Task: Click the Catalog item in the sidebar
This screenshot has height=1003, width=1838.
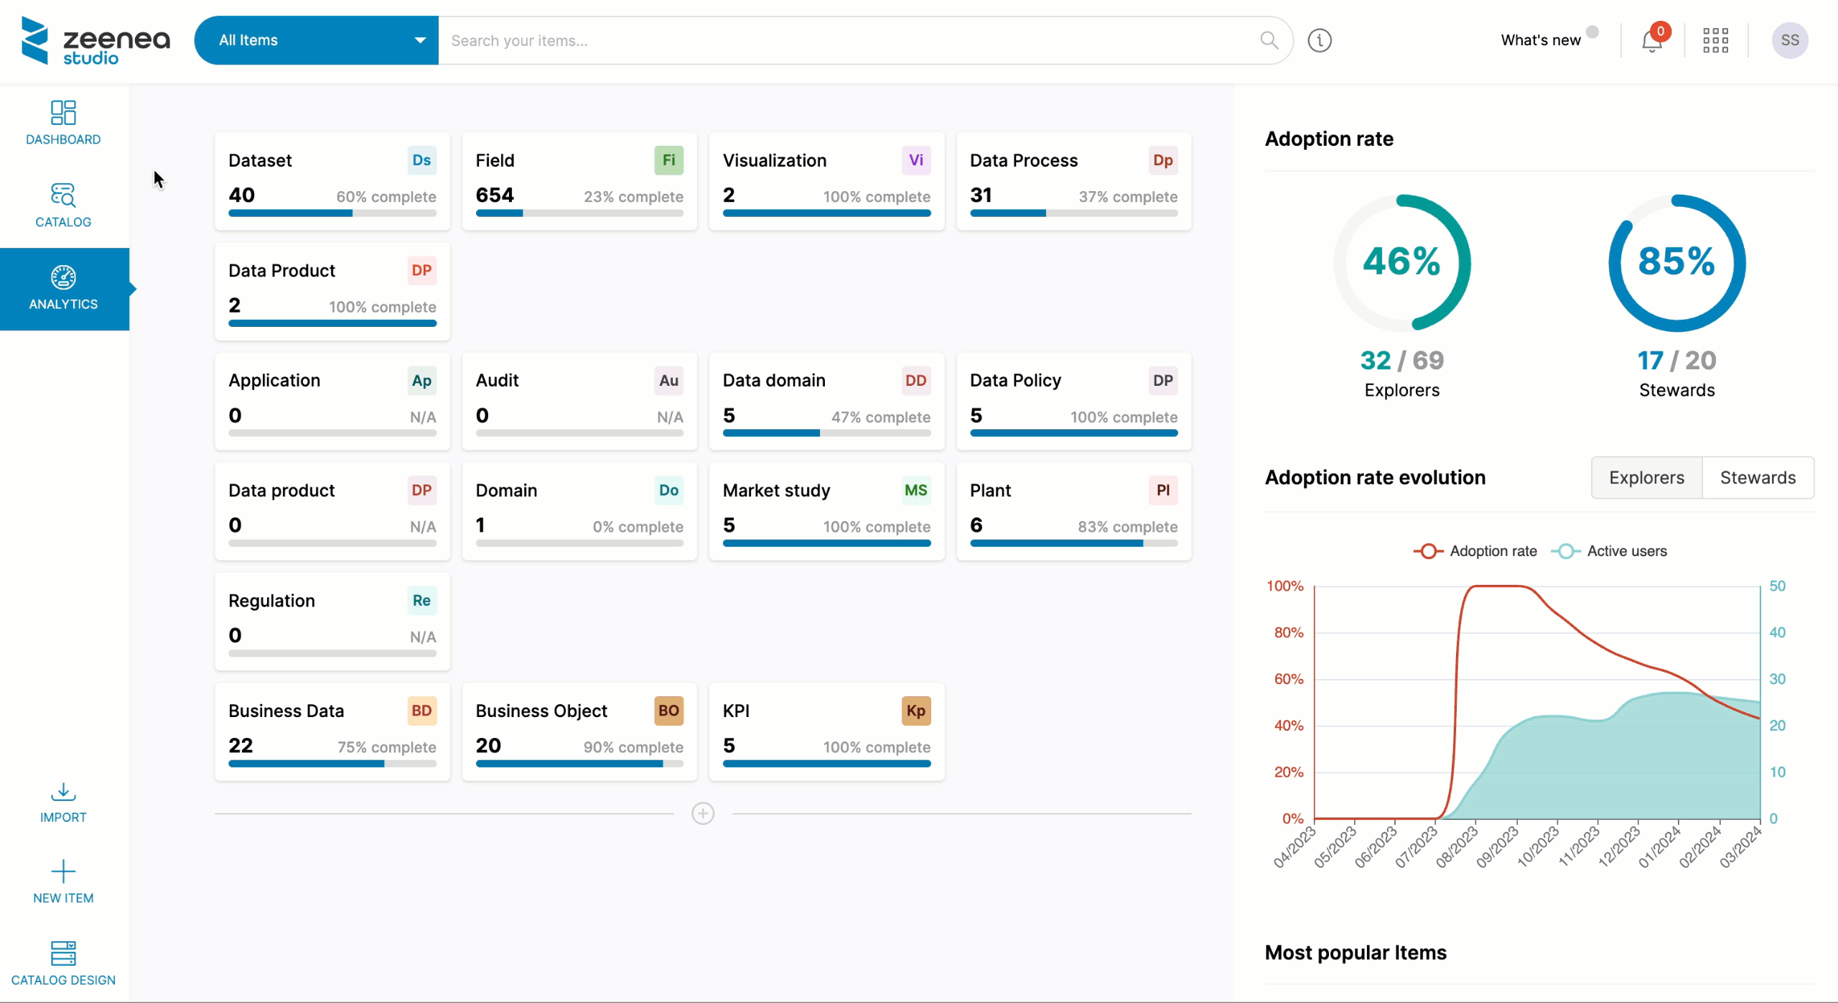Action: tap(63, 205)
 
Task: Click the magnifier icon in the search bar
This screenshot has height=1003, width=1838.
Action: tap(1269, 40)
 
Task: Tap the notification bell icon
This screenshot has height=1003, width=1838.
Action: tap(1651, 41)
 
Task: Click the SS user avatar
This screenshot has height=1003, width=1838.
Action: tap(1789, 40)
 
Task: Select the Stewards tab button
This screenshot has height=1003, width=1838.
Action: tap(1757, 478)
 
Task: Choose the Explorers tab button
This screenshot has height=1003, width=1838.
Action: tap(1646, 478)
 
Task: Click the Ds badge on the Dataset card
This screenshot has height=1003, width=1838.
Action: tap(421, 160)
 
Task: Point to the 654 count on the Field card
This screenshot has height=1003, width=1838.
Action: tap(495, 195)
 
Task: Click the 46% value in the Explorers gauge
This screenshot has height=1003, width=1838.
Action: tap(1401, 261)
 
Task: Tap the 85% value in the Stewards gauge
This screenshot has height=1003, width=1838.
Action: tap(1676, 261)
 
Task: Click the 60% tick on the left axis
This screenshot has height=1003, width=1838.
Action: tap(1289, 679)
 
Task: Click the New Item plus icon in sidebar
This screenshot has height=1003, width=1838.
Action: tap(63, 872)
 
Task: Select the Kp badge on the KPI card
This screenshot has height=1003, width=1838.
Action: tap(915, 711)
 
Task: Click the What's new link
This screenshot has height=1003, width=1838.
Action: tap(1541, 40)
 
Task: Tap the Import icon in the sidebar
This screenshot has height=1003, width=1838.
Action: tap(63, 792)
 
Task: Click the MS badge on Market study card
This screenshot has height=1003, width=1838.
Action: tap(915, 491)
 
